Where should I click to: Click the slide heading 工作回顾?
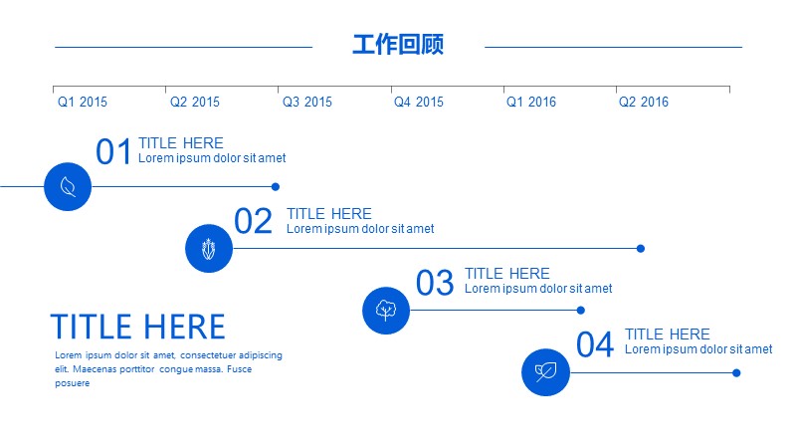(x=398, y=44)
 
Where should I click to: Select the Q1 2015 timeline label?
(x=83, y=103)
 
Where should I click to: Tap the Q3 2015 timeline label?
(x=307, y=103)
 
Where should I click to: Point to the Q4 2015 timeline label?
(x=419, y=103)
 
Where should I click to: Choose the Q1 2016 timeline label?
(x=531, y=103)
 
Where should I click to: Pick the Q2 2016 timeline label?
(x=644, y=103)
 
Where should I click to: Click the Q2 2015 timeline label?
(x=195, y=103)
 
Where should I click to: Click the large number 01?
(x=113, y=151)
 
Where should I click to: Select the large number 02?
(x=253, y=221)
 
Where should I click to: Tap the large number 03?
(x=435, y=283)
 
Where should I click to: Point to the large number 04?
(x=595, y=344)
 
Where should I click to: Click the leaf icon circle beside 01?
(x=68, y=186)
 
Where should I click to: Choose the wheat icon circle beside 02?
(x=209, y=248)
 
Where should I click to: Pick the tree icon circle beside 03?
(x=386, y=311)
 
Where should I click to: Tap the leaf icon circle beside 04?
(x=545, y=372)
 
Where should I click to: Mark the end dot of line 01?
(x=276, y=187)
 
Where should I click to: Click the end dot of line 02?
(x=641, y=248)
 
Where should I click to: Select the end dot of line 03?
(x=581, y=311)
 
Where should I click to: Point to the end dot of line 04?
(x=736, y=372)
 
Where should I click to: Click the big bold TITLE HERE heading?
(x=137, y=327)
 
